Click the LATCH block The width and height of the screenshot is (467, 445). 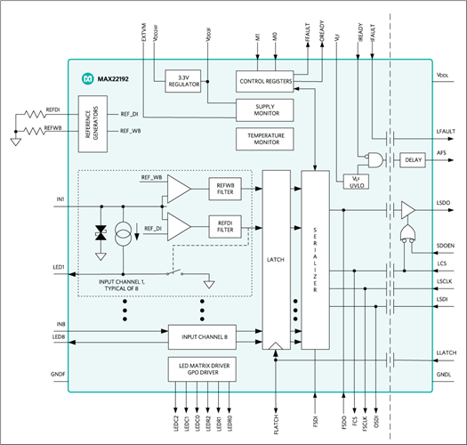click(x=277, y=258)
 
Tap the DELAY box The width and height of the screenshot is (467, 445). click(x=412, y=160)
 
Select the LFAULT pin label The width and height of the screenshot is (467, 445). click(x=446, y=132)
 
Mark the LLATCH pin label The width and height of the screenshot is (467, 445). click(x=446, y=354)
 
